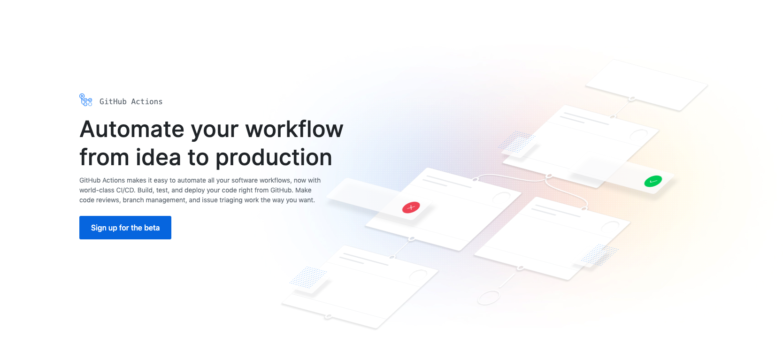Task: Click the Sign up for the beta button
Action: [125, 228]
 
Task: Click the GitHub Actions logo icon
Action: [85, 100]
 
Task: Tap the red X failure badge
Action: [411, 207]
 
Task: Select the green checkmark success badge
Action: [652, 181]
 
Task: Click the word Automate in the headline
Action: [132, 129]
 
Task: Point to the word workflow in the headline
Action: [294, 129]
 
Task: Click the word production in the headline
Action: [274, 158]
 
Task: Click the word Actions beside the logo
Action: [147, 101]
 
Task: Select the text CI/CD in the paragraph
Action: [125, 190]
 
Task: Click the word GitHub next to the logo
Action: [113, 101]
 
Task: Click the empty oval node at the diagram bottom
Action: [488, 298]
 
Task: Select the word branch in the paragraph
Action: [134, 200]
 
